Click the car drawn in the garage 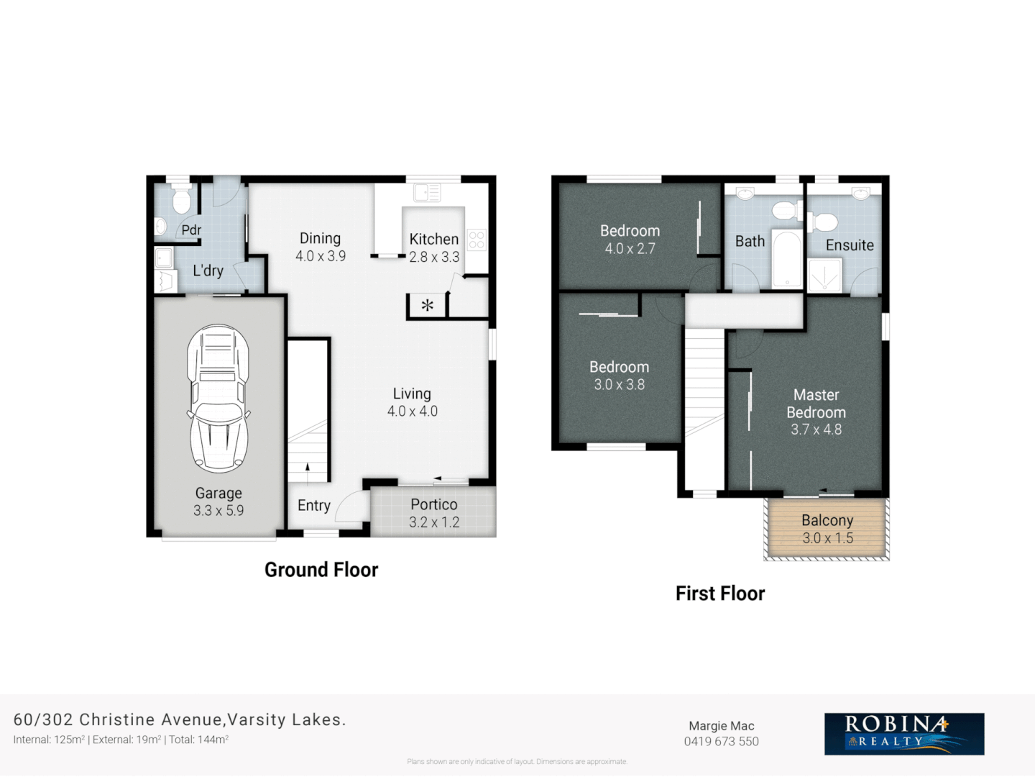coord(218,399)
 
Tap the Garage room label coord(218,494)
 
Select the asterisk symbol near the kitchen coord(427,306)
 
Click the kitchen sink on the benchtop coord(427,193)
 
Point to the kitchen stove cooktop coord(477,240)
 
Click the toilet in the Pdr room coord(181,201)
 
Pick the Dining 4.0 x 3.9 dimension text coord(321,256)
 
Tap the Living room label coord(412,394)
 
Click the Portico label coord(433,505)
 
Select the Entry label coord(314,506)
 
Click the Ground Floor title coord(321,570)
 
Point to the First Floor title coord(720,594)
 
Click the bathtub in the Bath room coord(787,259)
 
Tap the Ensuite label coord(850,245)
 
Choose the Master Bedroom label coord(816,404)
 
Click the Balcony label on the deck coord(827,520)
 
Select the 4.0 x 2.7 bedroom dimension coord(630,249)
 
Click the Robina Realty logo coord(904,734)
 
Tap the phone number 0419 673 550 coord(721,742)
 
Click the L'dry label coord(208,271)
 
